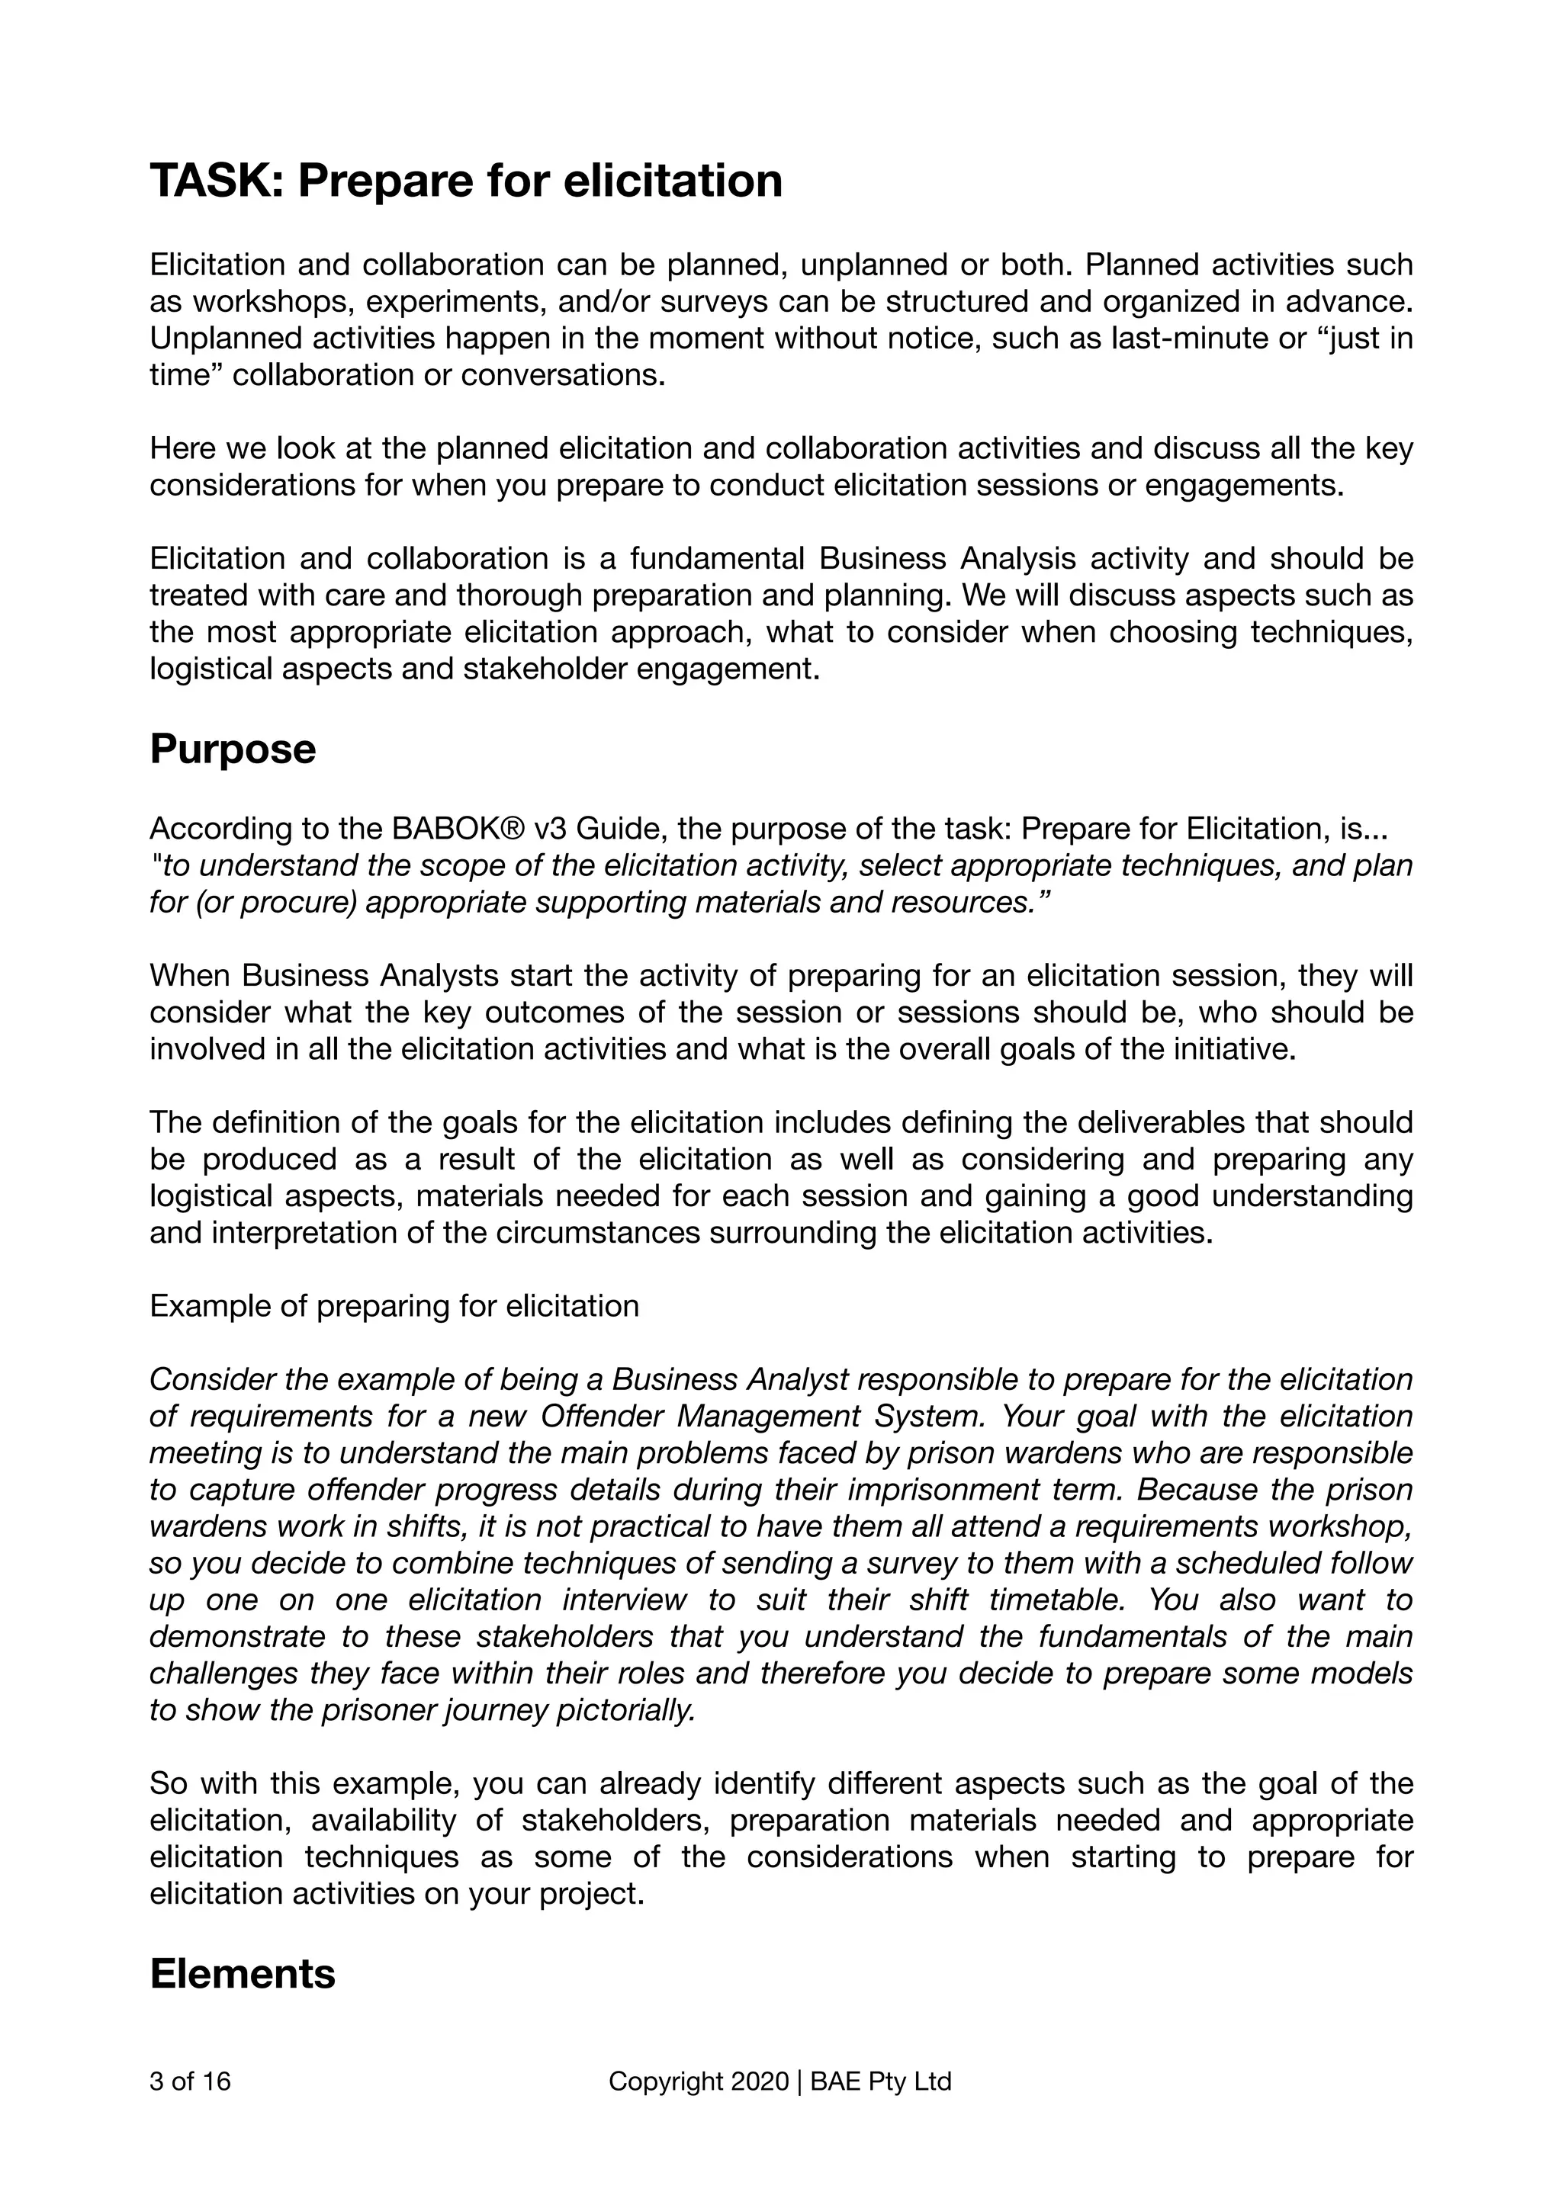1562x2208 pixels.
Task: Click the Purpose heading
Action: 233,749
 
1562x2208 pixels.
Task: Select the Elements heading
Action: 243,1973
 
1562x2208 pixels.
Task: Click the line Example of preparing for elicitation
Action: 394,1306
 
